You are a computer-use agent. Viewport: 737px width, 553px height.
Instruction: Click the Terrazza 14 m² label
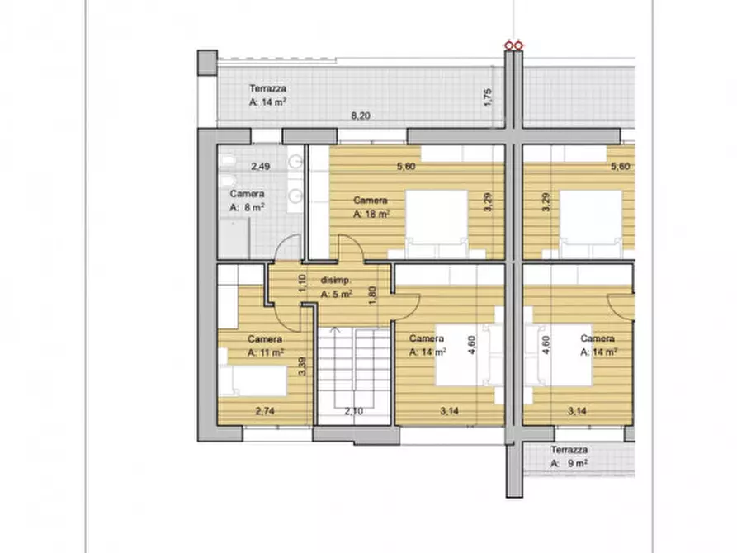267,95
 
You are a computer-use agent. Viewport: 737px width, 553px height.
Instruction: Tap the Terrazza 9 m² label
569,456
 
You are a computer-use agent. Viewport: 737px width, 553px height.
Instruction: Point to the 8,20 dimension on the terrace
361,116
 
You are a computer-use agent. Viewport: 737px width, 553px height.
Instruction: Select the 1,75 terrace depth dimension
488,97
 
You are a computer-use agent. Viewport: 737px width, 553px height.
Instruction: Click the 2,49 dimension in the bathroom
261,166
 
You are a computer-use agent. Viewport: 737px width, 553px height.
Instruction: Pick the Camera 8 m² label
248,201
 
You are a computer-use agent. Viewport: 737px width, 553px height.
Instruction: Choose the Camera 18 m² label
371,207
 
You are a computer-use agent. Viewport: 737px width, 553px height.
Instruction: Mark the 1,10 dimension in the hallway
302,282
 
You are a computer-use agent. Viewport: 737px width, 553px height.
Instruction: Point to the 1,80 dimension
372,295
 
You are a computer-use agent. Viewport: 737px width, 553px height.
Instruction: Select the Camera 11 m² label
265,346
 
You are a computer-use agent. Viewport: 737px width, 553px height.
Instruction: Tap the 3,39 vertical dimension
302,366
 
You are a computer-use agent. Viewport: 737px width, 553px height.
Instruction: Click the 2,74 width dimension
265,411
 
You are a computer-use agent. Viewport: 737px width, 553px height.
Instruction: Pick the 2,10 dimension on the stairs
354,411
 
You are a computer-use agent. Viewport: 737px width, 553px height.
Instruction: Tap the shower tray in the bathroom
234,239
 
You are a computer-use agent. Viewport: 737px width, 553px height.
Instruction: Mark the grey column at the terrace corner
207,63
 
